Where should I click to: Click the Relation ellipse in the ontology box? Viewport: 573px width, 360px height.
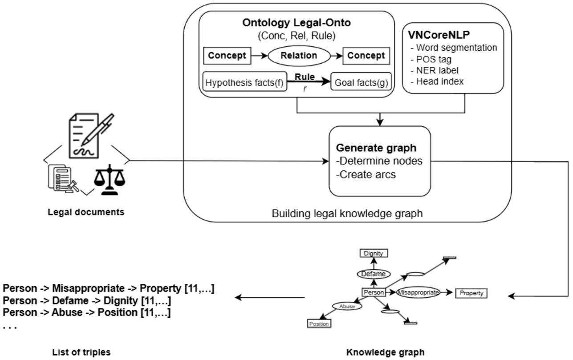pyautogui.click(x=299, y=56)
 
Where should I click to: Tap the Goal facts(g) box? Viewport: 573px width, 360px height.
pyautogui.click(x=361, y=83)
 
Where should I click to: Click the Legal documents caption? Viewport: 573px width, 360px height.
pyautogui.click(x=86, y=212)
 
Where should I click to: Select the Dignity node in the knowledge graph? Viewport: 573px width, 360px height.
pyautogui.click(x=373, y=253)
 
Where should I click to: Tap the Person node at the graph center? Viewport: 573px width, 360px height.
pyautogui.click(x=373, y=292)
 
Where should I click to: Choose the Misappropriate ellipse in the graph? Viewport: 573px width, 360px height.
pyautogui.click(x=418, y=292)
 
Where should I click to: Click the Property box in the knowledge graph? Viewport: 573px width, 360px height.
pyautogui.click(x=471, y=293)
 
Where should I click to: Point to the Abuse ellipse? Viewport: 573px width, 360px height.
pyautogui.click(x=348, y=306)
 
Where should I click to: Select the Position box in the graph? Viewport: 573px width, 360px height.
pyautogui.click(x=319, y=324)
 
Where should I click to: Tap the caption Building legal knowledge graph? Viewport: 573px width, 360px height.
pyautogui.click(x=347, y=214)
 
